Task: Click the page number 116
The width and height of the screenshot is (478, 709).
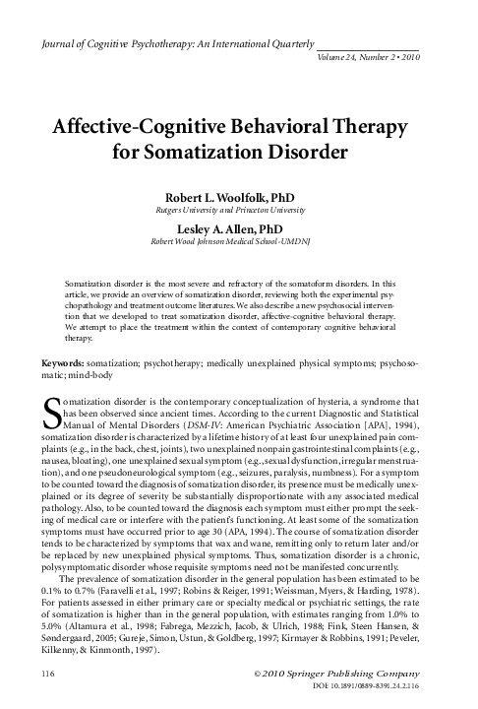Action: point(42,673)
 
